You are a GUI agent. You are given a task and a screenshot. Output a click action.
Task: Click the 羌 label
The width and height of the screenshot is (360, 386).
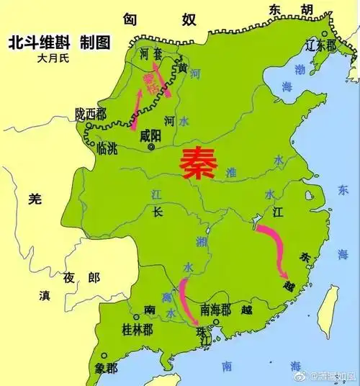click(33, 201)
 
